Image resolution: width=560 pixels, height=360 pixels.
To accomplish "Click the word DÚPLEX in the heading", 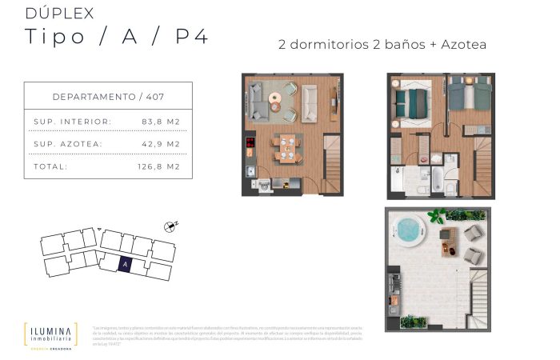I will [x=59, y=13].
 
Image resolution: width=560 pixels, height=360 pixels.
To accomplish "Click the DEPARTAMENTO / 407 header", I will [x=108, y=96].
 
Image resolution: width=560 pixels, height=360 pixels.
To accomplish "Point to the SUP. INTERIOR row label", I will [x=73, y=122].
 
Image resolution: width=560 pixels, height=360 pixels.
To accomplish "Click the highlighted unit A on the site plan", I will [x=126, y=262].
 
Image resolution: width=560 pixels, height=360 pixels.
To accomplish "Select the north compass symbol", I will [x=169, y=227].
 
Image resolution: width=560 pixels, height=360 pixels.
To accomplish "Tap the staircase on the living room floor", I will [x=333, y=163].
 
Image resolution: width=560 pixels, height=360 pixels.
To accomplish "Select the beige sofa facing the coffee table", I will [x=310, y=102].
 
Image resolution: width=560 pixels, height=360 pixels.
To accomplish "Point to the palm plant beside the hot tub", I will [x=437, y=216].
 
